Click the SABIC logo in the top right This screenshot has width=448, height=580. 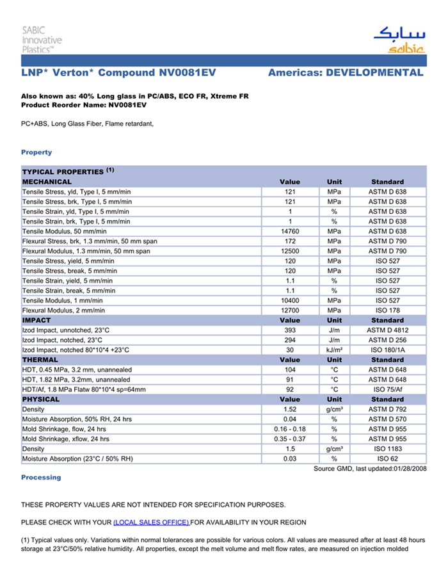[x=398, y=39]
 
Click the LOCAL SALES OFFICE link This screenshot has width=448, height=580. [x=151, y=522]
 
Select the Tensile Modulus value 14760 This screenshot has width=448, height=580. [x=290, y=231]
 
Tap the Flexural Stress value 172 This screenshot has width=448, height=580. [x=290, y=241]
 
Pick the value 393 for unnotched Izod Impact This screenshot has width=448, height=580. [x=290, y=330]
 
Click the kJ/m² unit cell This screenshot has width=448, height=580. [x=334, y=350]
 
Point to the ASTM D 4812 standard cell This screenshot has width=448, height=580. [x=387, y=330]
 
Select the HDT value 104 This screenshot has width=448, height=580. [x=290, y=370]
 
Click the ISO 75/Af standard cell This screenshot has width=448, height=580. [x=387, y=390]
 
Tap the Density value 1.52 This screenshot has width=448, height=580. [x=290, y=410]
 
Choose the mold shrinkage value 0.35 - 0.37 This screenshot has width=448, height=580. [x=290, y=439]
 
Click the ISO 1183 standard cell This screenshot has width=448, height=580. [x=387, y=449]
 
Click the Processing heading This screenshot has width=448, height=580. [x=41, y=478]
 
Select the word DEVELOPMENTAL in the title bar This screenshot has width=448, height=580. [x=374, y=72]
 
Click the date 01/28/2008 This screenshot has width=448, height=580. [x=410, y=469]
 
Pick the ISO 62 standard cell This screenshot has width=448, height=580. [x=387, y=459]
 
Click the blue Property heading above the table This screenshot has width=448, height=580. [x=36, y=152]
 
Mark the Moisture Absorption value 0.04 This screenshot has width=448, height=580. [x=290, y=419]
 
